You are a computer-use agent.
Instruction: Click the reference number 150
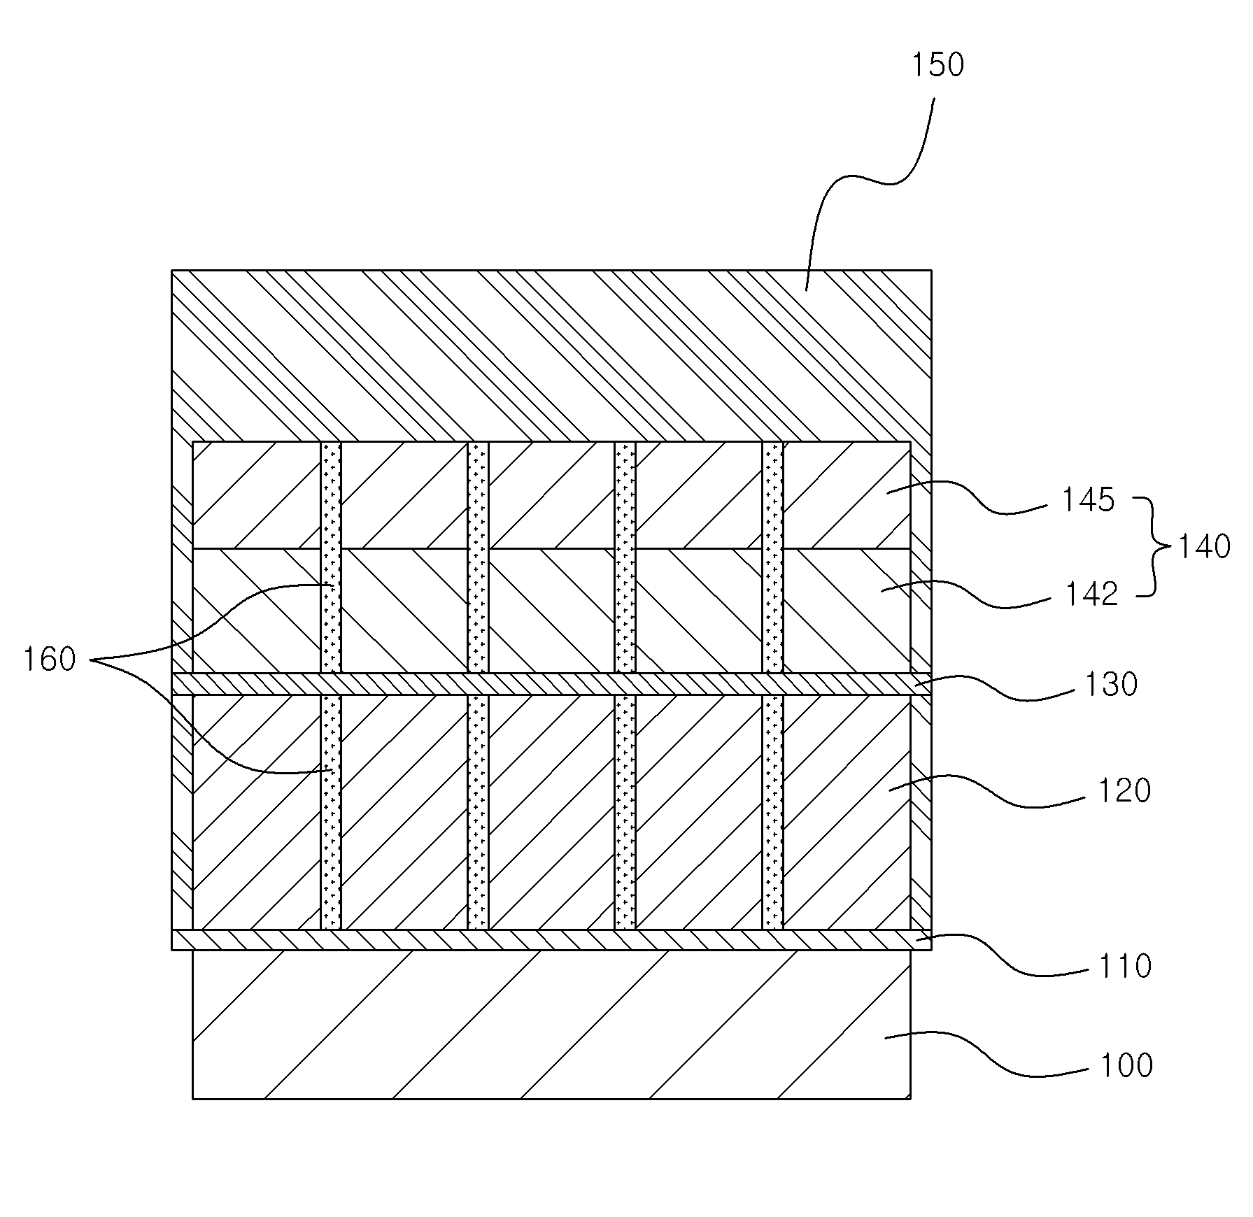tap(937, 65)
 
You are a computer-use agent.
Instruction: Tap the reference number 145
tap(1088, 501)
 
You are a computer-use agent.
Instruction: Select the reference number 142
tap(1091, 595)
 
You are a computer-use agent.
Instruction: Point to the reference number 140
tap(1204, 547)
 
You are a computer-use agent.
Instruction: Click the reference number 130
tap(1111, 685)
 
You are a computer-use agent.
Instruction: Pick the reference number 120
tap(1124, 791)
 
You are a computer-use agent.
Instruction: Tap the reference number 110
tap(1124, 966)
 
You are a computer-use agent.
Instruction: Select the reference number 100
tap(1126, 1065)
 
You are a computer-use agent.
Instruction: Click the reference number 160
tap(50, 660)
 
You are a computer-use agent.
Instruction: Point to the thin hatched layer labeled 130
tap(551, 683)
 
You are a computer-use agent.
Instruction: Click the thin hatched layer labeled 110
tap(551, 939)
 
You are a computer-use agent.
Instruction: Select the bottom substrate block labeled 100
tap(551, 1024)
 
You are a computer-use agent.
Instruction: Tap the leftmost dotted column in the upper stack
tap(331, 557)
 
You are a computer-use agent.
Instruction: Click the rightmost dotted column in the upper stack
tap(772, 557)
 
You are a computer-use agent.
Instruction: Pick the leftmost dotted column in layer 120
tap(331, 811)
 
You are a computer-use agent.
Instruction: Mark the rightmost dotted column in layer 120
tap(772, 811)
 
